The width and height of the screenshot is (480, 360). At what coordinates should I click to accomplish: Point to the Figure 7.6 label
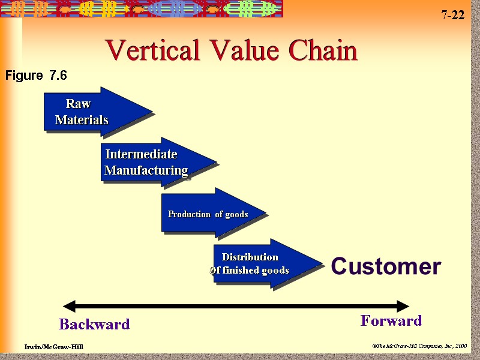(x=36, y=76)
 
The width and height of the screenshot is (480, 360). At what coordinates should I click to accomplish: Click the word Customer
(x=386, y=266)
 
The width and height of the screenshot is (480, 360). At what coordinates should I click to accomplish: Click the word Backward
(x=94, y=325)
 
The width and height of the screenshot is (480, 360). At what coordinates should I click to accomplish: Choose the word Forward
(x=391, y=321)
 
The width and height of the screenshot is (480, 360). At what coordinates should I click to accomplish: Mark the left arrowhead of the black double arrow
(x=69, y=306)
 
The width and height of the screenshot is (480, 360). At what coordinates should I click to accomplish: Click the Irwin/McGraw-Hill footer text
(x=54, y=347)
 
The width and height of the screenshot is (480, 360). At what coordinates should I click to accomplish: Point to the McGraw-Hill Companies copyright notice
(x=419, y=346)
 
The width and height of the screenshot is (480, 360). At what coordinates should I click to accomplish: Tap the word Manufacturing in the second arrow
(x=146, y=170)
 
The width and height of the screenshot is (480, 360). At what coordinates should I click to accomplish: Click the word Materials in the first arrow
(x=82, y=120)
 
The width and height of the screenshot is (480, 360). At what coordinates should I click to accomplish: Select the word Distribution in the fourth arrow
(x=250, y=257)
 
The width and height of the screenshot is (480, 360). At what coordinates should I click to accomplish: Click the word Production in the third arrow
(x=190, y=214)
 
